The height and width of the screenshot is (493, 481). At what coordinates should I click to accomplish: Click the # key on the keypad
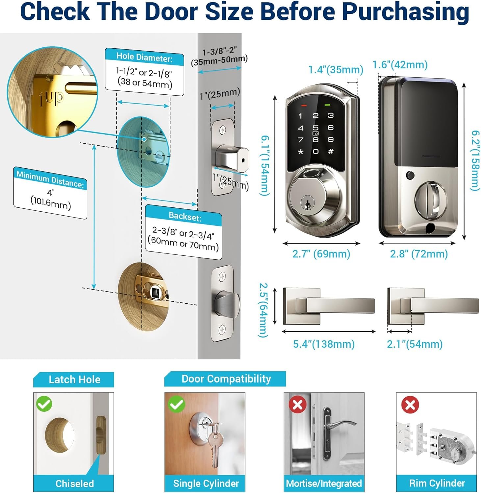(331, 151)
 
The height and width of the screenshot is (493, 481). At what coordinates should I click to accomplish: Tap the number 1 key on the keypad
(300, 116)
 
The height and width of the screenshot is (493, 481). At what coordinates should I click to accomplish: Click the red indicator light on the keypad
(303, 106)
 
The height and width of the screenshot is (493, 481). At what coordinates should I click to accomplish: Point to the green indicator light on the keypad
(327, 105)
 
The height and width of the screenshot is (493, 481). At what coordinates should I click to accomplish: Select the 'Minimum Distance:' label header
(50, 179)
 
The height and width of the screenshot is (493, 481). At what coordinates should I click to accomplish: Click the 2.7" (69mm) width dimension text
(321, 254)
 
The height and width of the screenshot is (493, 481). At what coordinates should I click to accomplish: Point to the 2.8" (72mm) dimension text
(419, 254)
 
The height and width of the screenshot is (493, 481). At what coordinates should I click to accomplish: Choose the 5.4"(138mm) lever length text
(324, 344)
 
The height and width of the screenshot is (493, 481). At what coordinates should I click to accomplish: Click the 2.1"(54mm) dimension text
(415, 344)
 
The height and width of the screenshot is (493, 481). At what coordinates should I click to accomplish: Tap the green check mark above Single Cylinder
(176, 404)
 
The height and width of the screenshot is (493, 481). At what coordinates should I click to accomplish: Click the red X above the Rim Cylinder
(410, 405)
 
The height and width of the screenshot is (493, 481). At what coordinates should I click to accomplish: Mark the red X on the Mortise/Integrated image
(297, 404)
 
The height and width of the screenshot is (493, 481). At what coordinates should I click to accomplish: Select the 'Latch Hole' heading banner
(74, 380)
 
